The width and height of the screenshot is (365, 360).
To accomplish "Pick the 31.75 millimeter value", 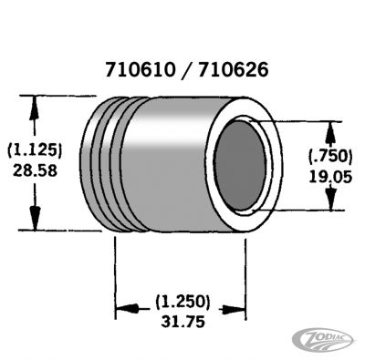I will (x=182, y=321).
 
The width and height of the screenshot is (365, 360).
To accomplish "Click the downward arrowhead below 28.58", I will (x=35, y=219).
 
